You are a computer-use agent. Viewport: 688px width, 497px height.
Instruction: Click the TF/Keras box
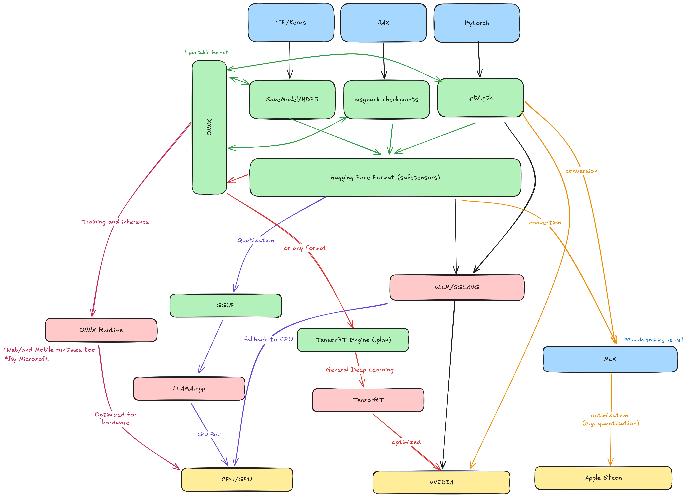[291, 22]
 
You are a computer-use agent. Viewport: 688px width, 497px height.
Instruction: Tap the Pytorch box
[477, 23]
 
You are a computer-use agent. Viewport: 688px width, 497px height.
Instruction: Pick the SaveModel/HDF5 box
[292, 99]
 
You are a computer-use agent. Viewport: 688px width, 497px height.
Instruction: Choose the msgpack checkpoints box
[386, 99]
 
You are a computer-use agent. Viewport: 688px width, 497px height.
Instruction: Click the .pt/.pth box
[480, 98]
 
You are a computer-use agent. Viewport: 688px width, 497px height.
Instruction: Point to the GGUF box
[226, 305]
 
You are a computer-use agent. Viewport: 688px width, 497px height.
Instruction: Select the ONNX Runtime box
[101, 330]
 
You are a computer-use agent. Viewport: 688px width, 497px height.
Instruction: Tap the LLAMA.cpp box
[189, 388]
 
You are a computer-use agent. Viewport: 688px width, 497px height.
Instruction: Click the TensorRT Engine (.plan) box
[353, 340]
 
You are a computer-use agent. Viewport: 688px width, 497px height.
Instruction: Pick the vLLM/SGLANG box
[457, 287]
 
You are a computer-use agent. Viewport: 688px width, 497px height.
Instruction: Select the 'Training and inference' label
[115, 222]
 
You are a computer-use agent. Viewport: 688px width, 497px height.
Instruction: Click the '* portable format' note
[206, 52]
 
